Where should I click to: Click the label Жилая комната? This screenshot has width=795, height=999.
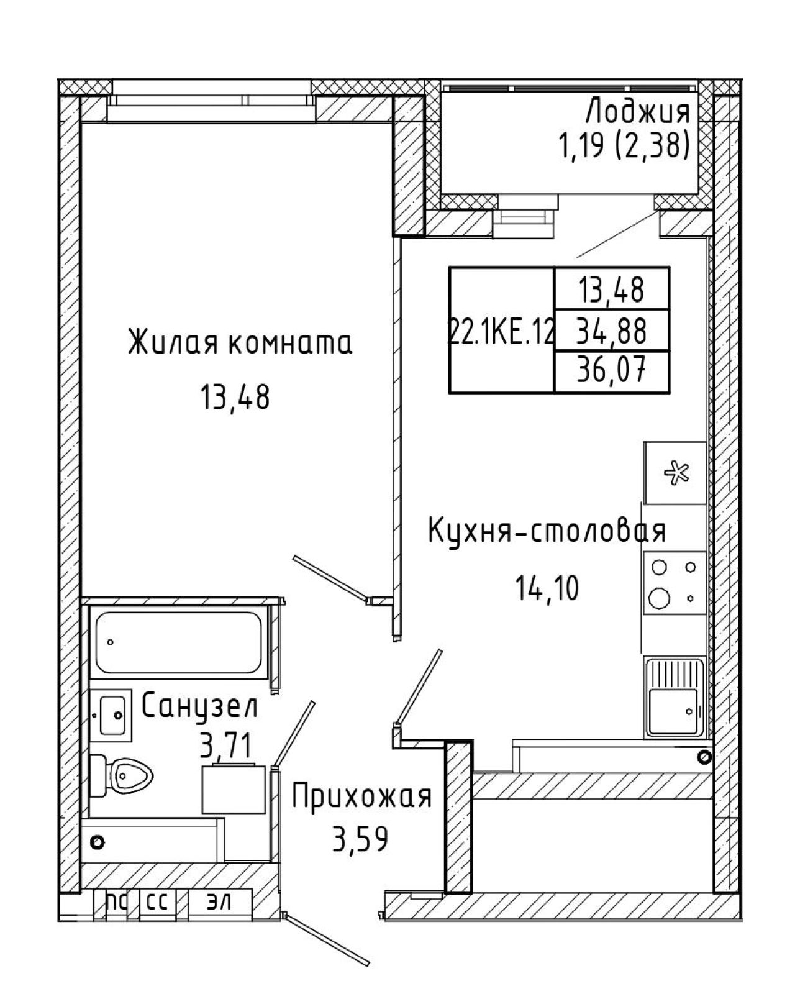click(240, 342)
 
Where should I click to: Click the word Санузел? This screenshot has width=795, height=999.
click(199, 706)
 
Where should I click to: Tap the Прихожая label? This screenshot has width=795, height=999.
click(362, 796)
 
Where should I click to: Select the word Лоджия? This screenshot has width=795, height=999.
click(638, 113)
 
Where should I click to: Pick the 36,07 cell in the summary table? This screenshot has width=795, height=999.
click(611, 371)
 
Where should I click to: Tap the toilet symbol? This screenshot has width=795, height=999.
click(120, 775)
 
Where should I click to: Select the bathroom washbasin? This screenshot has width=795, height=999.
click(111, 715)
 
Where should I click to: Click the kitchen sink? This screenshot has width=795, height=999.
click(675, 697)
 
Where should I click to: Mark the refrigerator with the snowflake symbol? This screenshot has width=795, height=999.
click(675, 473)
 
